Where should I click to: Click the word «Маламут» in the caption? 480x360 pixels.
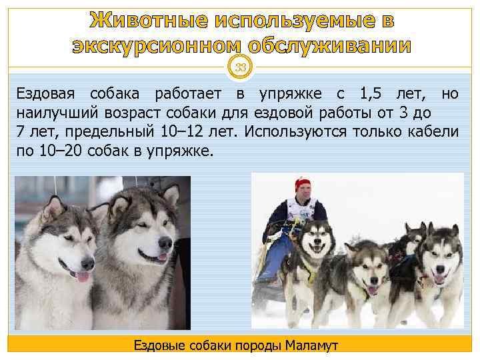(312, 345)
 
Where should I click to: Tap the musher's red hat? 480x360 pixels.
(304, 183)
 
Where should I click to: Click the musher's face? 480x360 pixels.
(304, 194)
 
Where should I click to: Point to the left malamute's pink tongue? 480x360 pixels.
(83, 275)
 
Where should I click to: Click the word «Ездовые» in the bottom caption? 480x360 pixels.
(159, 345)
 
